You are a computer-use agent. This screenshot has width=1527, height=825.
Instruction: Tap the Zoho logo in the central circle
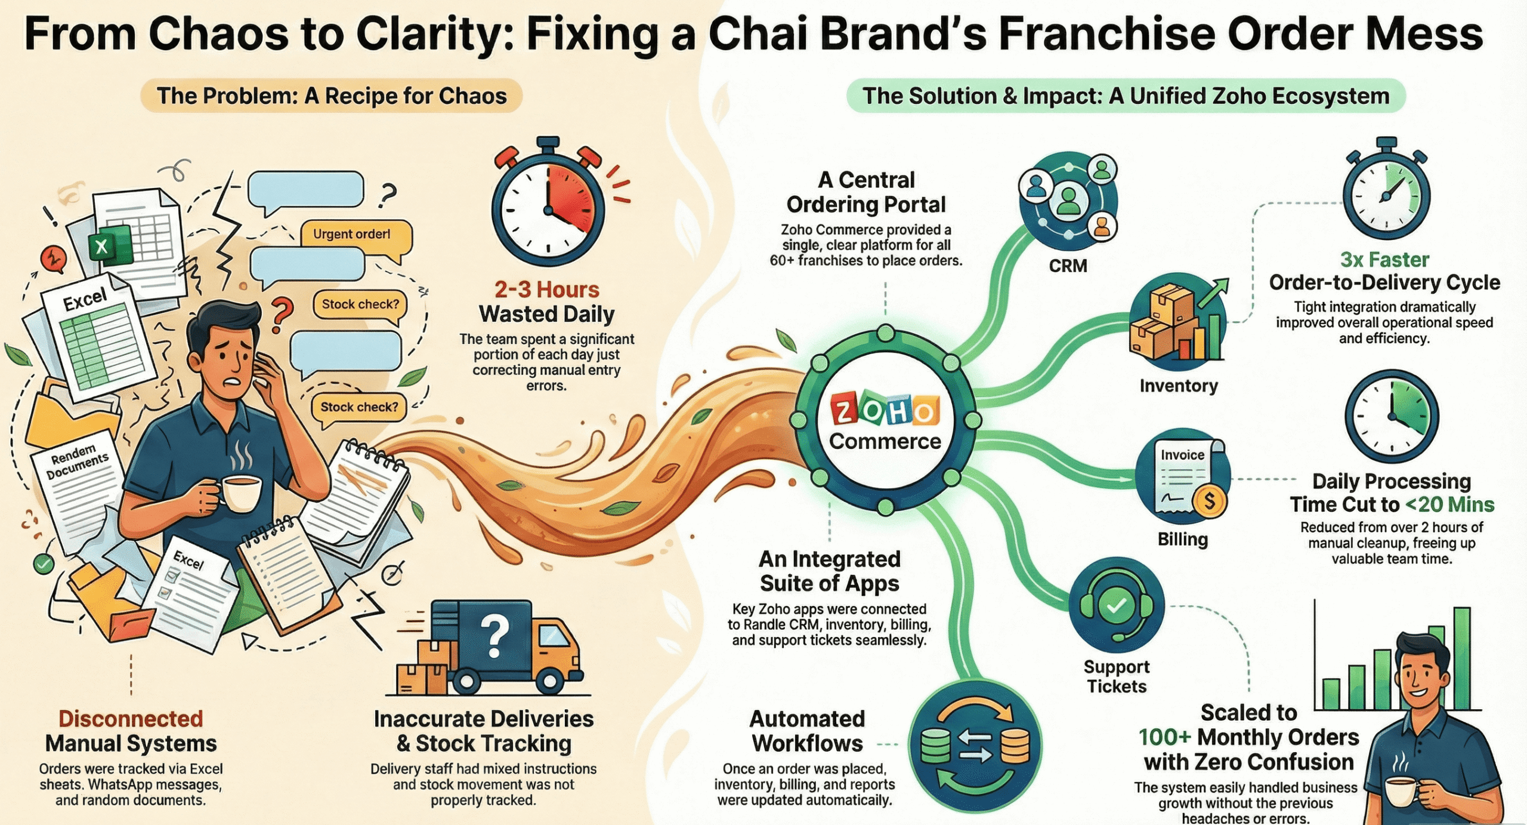pos(885,410)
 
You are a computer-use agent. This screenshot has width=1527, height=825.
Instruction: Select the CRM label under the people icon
pos(1068,266)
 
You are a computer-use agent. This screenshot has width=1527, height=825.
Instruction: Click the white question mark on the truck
pos(494,635)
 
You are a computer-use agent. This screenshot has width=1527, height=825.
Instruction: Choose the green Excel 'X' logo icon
pos(103,246)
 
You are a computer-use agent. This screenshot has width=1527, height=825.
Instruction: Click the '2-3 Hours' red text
pos(546,290)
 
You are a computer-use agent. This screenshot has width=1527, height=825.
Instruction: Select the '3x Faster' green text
pos(1384,260)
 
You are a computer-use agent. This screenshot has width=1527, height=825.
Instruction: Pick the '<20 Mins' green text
pos(1449,505)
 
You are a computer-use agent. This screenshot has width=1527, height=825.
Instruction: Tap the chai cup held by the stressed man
pos(242,493)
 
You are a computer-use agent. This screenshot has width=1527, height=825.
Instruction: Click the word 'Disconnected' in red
pos(131,719)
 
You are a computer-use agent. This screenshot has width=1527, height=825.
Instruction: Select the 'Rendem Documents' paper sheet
pos(78,478)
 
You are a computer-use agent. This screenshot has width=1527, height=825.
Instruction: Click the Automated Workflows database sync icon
pos(975,746)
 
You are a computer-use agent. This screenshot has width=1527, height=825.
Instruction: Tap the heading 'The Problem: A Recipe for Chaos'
pos(332,96)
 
